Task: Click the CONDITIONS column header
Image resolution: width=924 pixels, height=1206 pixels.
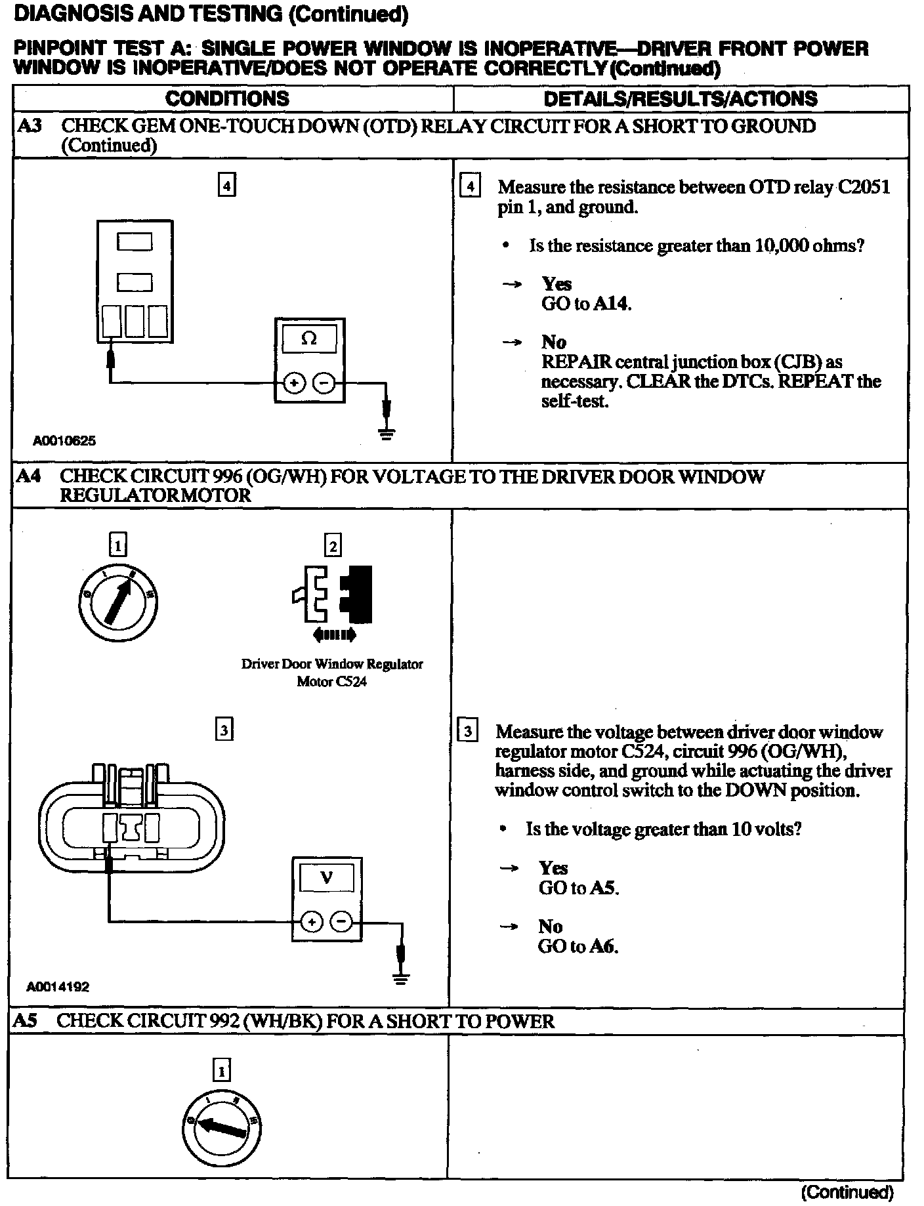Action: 227,99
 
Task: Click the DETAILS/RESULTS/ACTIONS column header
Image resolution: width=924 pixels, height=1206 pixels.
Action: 681,99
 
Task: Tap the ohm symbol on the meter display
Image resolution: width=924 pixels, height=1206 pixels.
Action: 308,339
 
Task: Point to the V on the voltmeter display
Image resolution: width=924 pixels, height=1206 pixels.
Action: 326,877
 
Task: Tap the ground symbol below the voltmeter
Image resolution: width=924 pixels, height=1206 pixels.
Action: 401,979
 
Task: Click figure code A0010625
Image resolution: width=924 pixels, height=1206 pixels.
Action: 64,441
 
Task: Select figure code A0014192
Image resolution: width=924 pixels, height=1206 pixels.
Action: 58,986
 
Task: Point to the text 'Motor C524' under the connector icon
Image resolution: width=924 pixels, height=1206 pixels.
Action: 331,681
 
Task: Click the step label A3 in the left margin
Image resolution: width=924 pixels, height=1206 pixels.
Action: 28,126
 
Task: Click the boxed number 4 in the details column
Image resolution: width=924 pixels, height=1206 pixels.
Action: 471,186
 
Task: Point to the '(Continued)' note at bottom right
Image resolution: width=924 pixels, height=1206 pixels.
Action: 847,1191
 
